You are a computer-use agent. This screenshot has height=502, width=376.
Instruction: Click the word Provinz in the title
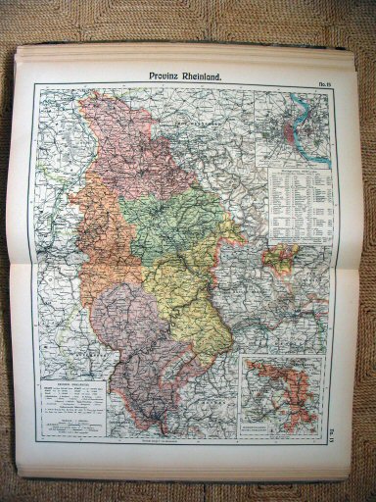pyautogui.click(x=165, y=74)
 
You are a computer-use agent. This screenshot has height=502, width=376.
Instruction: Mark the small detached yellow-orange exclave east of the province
pyautogui.click(x=283, y=256)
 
